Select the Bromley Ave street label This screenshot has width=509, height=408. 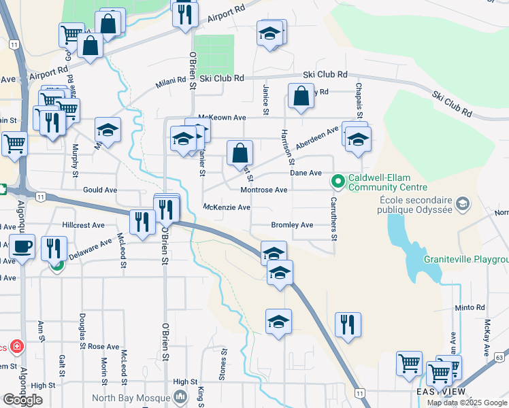(292, 224)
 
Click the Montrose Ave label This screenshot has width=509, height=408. (264, 190)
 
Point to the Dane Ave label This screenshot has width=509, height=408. (306, 173)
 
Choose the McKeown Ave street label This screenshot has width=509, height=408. (221, 118)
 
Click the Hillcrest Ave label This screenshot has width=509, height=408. (83, 224)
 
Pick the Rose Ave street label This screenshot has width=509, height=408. (103, 347)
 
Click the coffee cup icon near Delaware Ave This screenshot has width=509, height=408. (22, 247)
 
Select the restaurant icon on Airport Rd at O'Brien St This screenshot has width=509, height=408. (184, 14)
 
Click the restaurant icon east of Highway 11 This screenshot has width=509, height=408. (348, 324)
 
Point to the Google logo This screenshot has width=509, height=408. (22, 400)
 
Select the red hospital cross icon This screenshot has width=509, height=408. (17, 347)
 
